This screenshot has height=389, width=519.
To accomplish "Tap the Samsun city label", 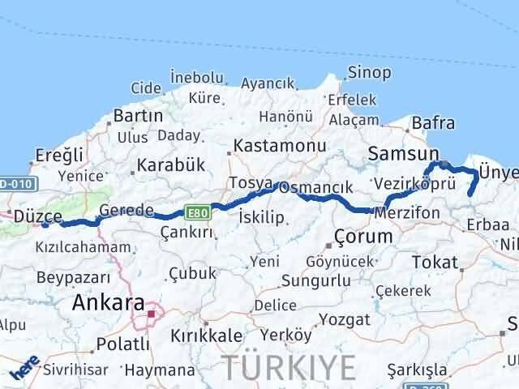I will coord(403,153).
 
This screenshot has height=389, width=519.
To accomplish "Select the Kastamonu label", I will coord(280,147).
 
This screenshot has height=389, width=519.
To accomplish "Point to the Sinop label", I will coord(369,72).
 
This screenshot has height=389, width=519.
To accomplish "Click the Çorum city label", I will coord(363,237).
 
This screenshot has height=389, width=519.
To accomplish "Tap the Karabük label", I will coord(170,165).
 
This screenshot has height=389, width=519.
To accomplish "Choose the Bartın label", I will coord(139,116).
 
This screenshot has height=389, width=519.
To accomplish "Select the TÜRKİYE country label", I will coord(290,367).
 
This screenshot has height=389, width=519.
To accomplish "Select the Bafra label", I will coord(433,123).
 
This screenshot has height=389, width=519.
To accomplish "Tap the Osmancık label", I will coord(317,187).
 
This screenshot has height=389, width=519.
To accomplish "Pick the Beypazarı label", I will coord(71,277).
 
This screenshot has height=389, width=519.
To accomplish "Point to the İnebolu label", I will coord(196,77).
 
